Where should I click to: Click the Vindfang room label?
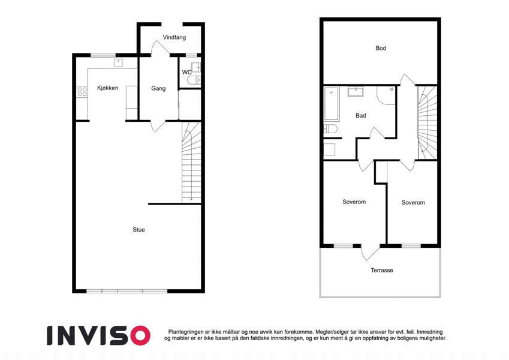(174, 37)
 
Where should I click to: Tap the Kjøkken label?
(107, 88)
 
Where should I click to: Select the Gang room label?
(158, 88)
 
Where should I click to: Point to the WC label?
(186, 72)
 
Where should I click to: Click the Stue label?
(138, 230)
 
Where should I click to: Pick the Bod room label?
(381, 48)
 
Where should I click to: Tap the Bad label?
(361, 115)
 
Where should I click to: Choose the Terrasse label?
(382, 271)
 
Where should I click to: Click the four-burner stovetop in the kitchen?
(82, 92)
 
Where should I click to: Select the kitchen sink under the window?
(119, 63)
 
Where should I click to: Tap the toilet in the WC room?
(194, 80)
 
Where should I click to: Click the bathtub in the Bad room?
(332, 104)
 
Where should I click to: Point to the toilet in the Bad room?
(330, 129)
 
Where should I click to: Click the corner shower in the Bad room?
(386, 95)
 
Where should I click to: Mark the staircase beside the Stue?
(191, 163)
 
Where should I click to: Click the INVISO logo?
(99, 335)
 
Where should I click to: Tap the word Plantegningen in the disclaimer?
(186, 332)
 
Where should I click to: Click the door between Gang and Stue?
(158, 126)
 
